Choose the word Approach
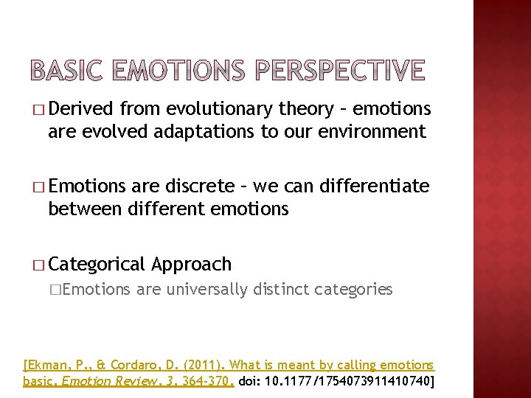pyautogui.click(x=192, y=264)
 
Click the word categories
pyautogui.click(x=353, y=289)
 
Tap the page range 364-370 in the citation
pyautogui.click(x=208, y=381)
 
